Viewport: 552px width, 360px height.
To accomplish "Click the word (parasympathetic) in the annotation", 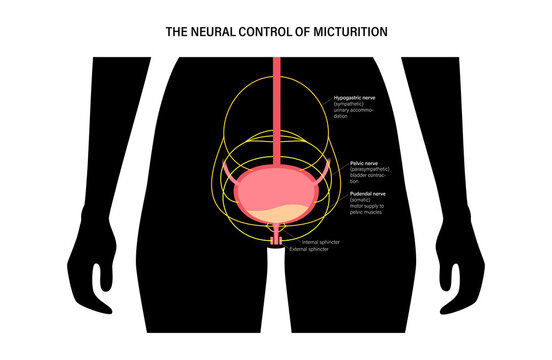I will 369,166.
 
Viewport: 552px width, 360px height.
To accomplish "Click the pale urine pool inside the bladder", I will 275,210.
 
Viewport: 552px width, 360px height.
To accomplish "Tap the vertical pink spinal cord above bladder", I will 276,100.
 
